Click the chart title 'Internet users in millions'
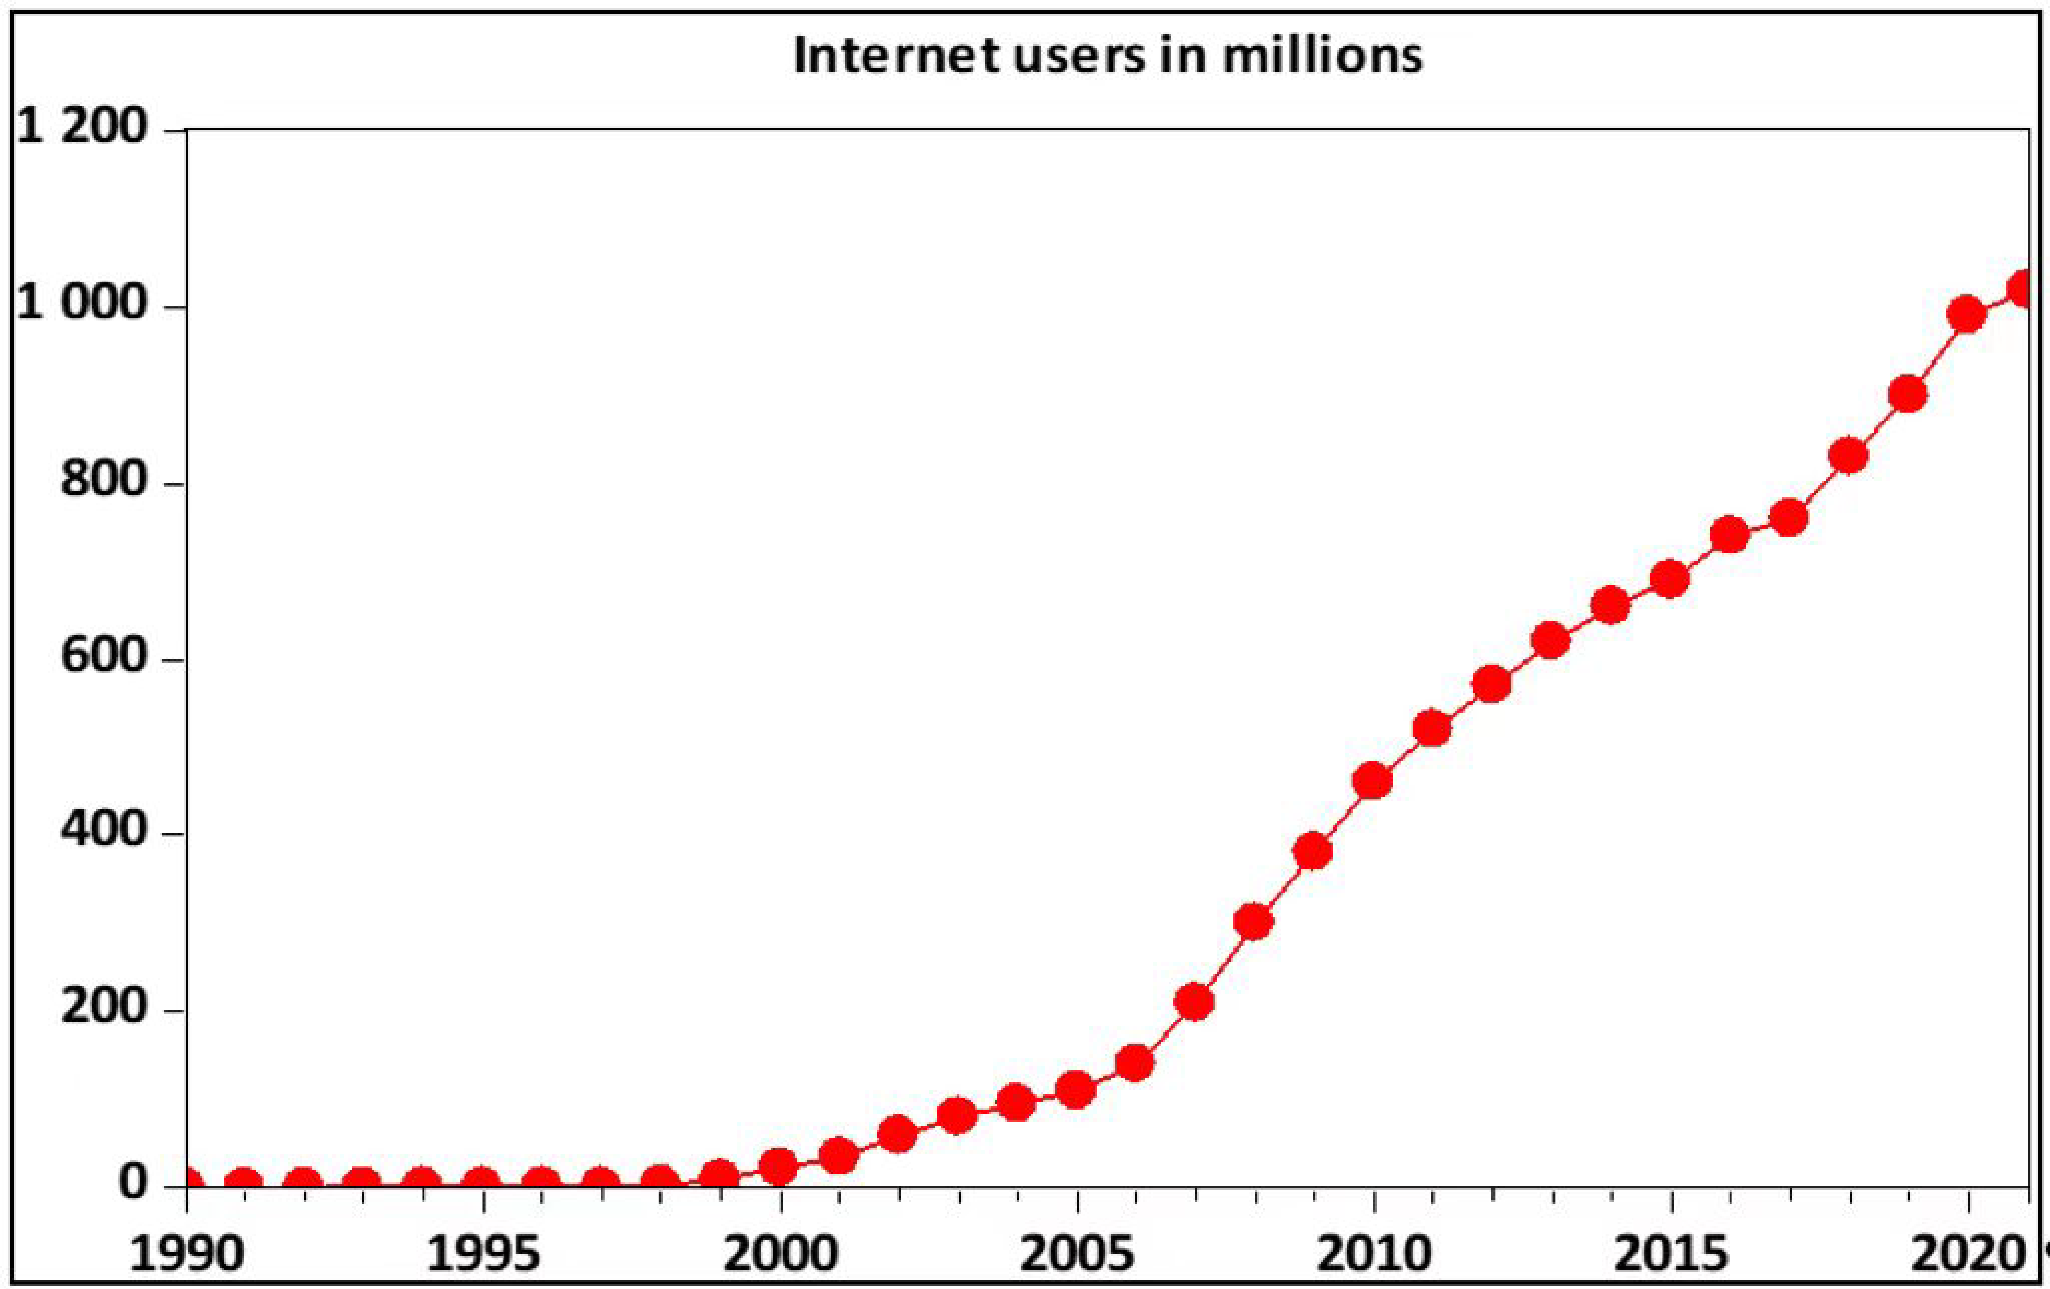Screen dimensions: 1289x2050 pyautogui.click(x=1107, y=56)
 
